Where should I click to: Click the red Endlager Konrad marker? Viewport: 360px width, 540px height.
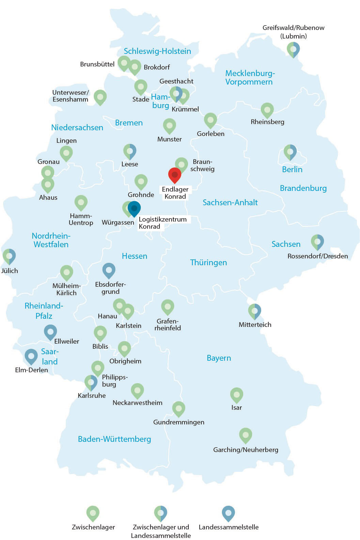175,175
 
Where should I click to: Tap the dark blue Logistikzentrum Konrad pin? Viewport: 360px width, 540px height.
134,208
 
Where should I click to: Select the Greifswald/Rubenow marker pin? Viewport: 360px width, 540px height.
293,49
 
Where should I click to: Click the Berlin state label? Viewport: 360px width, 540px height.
292,169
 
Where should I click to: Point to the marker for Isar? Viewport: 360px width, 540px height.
236,395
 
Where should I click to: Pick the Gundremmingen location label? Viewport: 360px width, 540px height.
178,422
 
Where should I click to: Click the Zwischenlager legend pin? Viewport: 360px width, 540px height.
93,513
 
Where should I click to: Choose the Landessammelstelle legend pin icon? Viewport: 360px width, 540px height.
228,513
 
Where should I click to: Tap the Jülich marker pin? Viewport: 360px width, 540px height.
9,256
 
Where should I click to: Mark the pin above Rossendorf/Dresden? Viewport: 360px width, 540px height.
317,242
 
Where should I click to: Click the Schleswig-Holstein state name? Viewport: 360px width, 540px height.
157,51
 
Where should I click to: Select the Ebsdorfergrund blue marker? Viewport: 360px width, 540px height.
109,270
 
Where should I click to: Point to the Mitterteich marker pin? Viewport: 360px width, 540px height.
254,311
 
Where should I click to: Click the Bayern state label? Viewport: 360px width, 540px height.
219,358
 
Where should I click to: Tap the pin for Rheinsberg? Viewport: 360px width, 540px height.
267,110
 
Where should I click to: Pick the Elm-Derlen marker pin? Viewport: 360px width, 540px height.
31,356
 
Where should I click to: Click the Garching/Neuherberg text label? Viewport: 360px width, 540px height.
246,450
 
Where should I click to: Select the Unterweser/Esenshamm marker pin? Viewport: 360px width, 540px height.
100,97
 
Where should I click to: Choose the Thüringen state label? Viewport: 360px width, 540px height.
208,262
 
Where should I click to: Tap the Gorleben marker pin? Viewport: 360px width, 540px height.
210,120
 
